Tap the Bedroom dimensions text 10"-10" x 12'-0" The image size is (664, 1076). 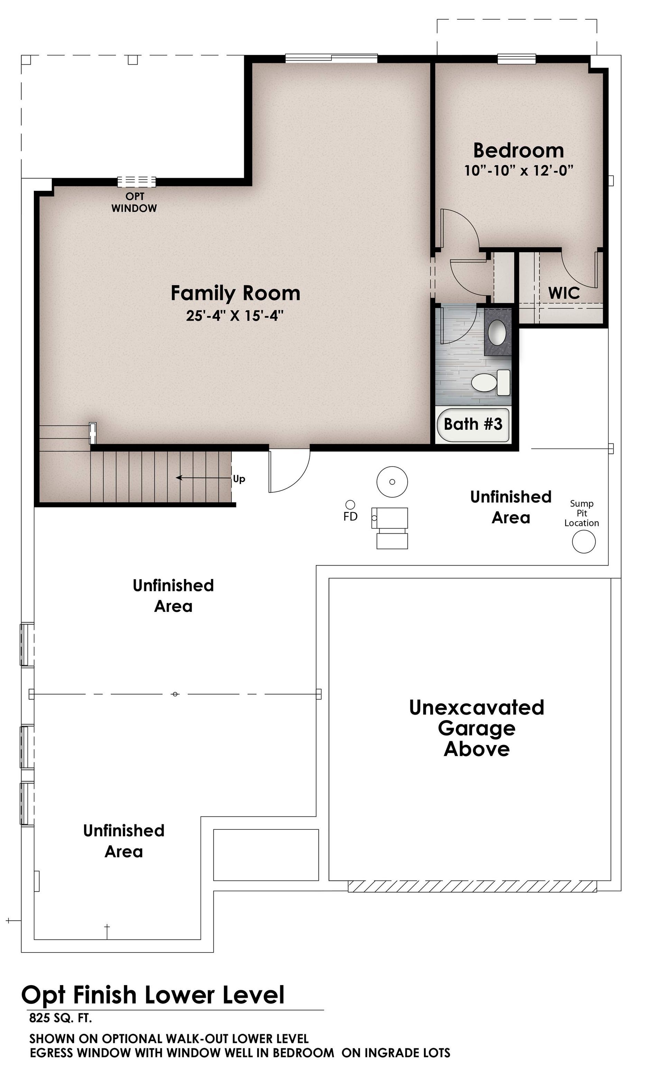(519, 171)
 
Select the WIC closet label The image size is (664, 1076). (564, 293)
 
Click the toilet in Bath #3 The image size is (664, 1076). (490, 382)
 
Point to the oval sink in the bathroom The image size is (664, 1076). (497, 332)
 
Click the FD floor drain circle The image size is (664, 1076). (350, 505)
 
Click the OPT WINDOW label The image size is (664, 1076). (134, 202)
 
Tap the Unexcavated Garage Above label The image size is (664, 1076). (477, 728)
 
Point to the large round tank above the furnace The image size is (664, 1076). (392, 482)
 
